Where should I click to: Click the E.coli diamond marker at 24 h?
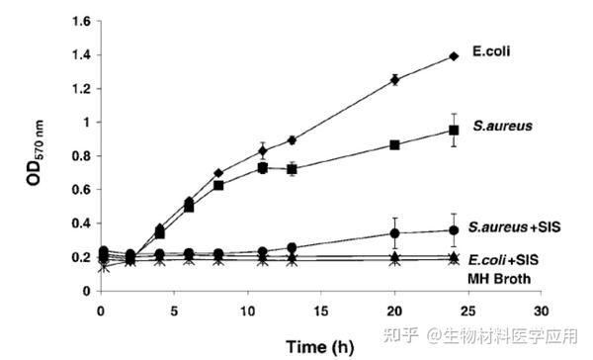point(454,56)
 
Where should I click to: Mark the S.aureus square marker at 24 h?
point(454,131)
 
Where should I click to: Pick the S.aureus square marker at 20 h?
point(395,144)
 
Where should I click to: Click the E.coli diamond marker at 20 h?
point(395,79)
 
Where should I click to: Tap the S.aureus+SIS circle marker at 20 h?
point(395,233)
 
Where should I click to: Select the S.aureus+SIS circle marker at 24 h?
point(454,229)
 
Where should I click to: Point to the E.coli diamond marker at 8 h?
point(218,173)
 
